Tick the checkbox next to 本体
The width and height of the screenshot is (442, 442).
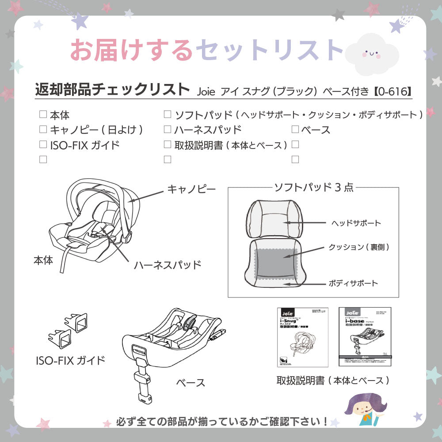click(x=43, y=114)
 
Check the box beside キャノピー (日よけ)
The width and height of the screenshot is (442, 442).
click(x=43, y=129)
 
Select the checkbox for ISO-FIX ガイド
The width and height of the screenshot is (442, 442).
click(x=43, y=144)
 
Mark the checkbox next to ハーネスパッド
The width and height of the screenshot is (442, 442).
click(x=168, y=129)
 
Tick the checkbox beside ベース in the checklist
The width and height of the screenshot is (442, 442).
click(x=295, y=130)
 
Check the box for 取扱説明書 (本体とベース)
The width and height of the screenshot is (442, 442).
click(x=168, y=144)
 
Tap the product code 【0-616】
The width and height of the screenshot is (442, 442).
click(x=392, y=91)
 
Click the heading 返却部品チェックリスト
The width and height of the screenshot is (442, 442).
click(x=112, y=89)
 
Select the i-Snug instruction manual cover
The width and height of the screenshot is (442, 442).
click(x=303, y=337)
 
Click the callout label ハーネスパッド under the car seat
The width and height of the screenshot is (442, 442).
click(x=168, y=265)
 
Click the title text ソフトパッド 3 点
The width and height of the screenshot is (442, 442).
click(x=314, y=187)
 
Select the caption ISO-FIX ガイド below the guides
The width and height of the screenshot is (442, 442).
click(x=70, y=360)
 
